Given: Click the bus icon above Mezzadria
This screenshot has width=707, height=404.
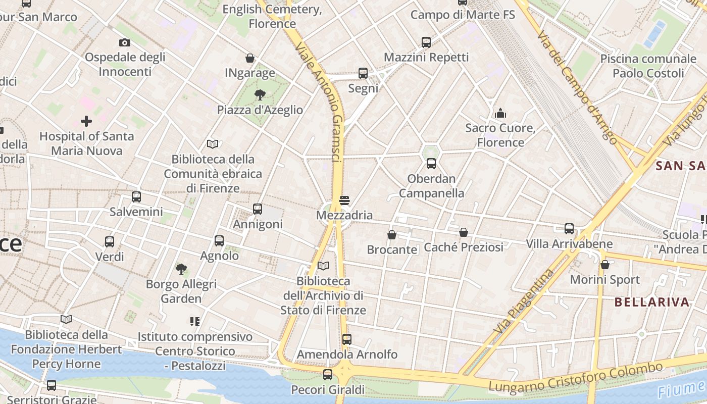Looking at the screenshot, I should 344,200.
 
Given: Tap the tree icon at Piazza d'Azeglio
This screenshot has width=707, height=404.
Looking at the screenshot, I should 260,94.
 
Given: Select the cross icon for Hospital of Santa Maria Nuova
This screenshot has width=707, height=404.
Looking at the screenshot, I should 86,121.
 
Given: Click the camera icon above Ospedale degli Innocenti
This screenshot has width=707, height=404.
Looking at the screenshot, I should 125,42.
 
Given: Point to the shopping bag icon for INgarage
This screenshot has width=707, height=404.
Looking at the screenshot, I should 249,58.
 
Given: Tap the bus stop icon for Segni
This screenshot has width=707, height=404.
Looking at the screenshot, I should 363,73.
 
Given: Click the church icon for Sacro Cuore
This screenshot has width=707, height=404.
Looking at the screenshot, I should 500,113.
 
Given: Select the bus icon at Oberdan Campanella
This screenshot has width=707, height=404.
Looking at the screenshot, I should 431,163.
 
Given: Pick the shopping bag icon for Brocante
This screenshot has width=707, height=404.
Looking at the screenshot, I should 392,234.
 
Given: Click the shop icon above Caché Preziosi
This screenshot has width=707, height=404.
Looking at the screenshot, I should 464,232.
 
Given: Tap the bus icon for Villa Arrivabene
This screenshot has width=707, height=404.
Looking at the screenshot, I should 569,229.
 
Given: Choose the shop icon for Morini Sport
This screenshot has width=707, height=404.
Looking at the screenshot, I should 604,265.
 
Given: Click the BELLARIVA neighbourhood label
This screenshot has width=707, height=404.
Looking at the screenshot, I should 652,302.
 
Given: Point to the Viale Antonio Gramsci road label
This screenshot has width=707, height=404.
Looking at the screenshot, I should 321,101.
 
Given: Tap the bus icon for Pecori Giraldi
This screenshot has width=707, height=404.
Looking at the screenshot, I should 328,375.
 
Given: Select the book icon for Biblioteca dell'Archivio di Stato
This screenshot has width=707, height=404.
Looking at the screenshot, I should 323,266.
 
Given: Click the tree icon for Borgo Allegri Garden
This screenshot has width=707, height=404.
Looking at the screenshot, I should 181,269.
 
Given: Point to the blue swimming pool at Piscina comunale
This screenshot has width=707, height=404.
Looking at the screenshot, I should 655,34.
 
